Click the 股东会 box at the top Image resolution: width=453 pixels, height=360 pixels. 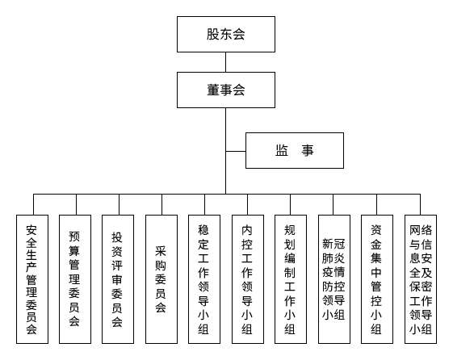click(225, 35)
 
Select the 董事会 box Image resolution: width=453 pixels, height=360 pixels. click(225, 90)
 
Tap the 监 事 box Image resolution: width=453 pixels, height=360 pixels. click(294, 150)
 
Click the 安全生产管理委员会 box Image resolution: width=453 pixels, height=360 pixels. click(31, 279)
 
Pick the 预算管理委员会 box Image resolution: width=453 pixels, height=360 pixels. click(74, 279)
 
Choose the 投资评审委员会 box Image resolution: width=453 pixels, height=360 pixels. click(117, 279)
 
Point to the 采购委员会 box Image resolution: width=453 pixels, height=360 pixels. click(161, 279)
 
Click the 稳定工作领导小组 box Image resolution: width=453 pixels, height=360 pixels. click(203, 279)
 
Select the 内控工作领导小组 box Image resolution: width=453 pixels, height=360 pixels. click(247, 279)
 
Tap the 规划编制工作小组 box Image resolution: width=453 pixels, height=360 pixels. click(290, 279)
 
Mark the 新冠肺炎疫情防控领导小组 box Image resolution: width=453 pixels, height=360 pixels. click(333, 279)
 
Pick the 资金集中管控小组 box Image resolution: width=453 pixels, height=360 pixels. click(376, 279)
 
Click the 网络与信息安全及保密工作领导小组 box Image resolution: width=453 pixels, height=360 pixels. click(420, 279)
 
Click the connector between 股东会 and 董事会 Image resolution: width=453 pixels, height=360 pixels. click(225, 62)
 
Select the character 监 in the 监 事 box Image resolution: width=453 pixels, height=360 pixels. click(282, 150)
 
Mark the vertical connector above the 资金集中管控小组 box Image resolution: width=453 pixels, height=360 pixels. click(376, 203)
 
